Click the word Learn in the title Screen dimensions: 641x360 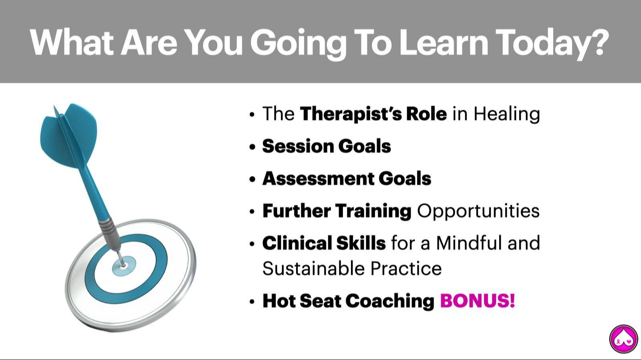443,42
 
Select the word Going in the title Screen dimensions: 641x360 298,44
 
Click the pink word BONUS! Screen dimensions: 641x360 478,300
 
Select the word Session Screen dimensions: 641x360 298,146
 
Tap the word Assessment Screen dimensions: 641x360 318,179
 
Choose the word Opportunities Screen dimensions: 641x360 478,211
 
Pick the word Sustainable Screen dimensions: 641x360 313,269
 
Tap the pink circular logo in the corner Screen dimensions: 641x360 623,339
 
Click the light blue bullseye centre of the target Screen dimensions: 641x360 124,266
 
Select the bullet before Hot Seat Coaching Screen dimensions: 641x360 252,302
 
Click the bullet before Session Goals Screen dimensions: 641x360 252,147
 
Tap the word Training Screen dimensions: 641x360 373,211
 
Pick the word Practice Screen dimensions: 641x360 406,269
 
